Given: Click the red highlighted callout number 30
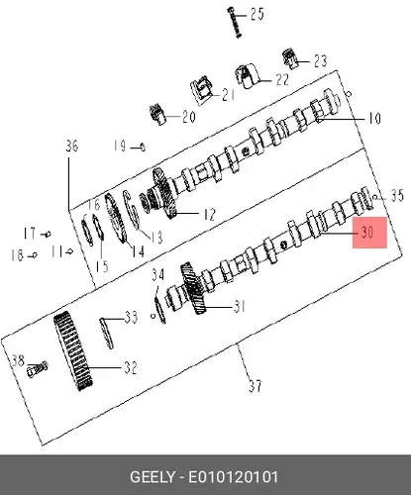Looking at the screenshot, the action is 367,233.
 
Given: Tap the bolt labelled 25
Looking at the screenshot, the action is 234,23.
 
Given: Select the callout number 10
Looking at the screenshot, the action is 374,118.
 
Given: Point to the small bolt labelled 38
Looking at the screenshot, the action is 37,369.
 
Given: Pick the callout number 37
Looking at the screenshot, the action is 256,386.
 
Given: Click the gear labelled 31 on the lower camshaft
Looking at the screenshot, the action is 194,288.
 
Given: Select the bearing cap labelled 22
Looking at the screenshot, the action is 247,75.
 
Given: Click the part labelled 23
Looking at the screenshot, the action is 290,58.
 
